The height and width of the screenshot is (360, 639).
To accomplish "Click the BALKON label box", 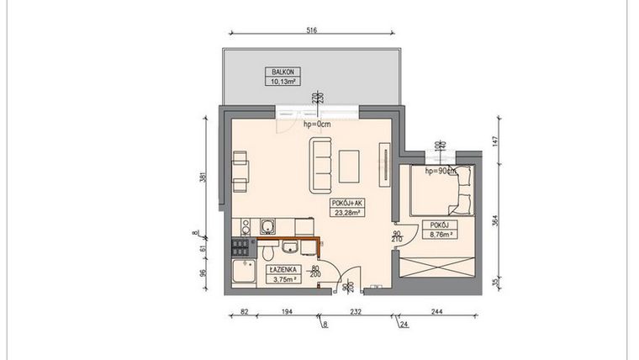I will [x=277, y=77].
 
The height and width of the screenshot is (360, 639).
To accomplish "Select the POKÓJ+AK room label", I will [x=347, y=203].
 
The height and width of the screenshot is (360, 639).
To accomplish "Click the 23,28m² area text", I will [x=347, y=213].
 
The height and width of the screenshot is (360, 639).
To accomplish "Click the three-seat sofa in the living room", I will [x=321, y=164].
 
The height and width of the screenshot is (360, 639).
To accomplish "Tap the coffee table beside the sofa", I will [x=350, y=166].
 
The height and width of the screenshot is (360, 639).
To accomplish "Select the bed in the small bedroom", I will [x=437, y=191].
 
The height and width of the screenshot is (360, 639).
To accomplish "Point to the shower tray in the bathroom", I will [x=246, y=273].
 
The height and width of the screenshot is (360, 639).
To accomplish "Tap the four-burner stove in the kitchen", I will [x=240, y=246].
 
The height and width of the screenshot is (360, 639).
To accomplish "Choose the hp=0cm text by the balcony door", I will [x=319, y=124].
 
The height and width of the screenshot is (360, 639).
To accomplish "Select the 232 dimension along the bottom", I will [x=356, y=311].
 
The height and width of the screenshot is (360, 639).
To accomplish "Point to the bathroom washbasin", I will [x=290, y=247].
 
